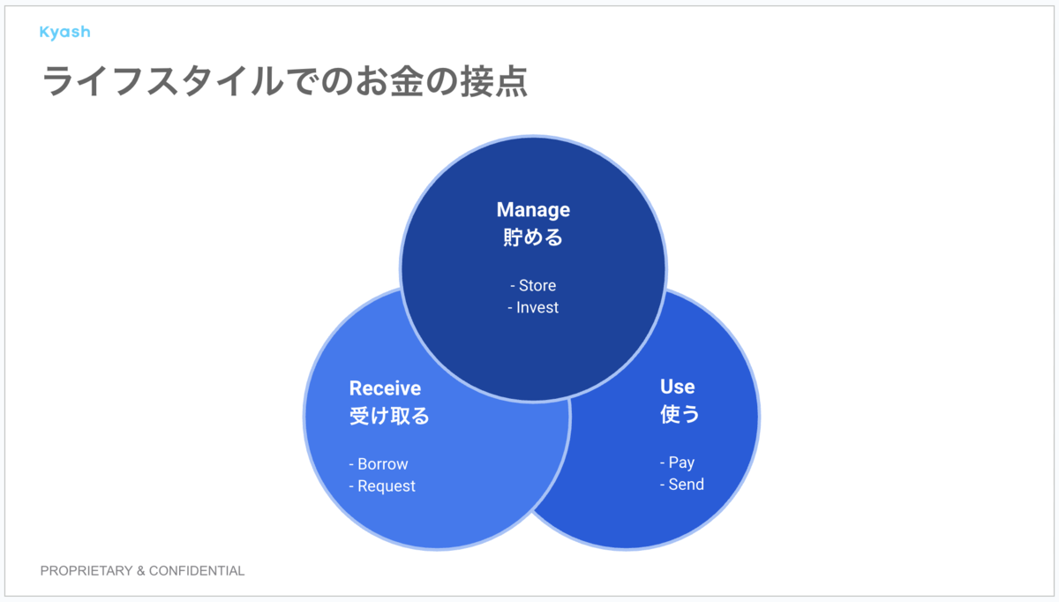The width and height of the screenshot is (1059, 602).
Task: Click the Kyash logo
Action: tap(64, 32)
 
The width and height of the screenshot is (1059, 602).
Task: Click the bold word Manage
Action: tap(533, 210)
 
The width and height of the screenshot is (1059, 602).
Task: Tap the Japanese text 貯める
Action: tap(533, 237)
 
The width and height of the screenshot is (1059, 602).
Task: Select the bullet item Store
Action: tap(537, 286)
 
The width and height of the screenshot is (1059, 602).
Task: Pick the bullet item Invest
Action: tap(537, 307)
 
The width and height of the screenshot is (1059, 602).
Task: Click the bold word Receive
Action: tap(385, 388)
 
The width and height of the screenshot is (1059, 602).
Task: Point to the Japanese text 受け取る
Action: tap(389, 416)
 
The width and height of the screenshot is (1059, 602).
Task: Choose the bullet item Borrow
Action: tap(383, 464)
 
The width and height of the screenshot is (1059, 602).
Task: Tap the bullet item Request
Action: tap(387, 486)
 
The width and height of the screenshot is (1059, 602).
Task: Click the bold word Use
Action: tap(678, 387)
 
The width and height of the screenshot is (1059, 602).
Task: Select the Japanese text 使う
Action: tap(680, 414)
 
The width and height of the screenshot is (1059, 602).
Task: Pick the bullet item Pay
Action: tap(681, 463)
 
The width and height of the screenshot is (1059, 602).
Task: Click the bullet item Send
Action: tap(686, 485)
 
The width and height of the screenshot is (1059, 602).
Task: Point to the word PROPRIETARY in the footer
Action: tap(86, 571)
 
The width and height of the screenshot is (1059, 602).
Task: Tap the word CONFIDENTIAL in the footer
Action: tap(197, 571)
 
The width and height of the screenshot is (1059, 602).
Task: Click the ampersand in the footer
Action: tap(141, 571)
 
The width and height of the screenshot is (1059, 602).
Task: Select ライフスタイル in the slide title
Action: tap(162, 81)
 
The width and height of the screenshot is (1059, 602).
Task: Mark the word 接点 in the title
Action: tap(493, 81)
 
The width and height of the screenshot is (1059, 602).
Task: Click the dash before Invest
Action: tap(510, 308)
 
